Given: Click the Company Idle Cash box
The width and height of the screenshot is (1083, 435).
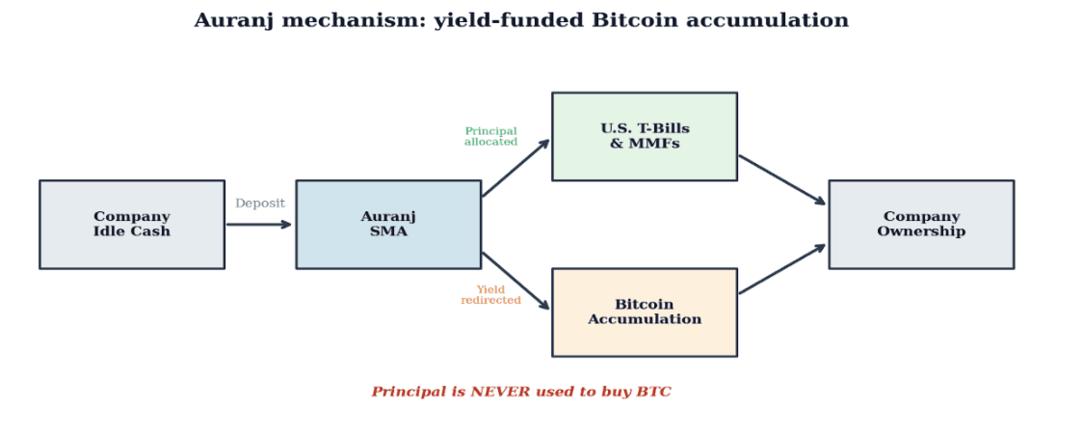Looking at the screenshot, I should pos(132,224).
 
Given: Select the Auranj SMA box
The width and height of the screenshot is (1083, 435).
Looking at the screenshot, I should pos(388,224).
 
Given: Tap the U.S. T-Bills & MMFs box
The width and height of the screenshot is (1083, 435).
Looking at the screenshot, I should pos(645,136).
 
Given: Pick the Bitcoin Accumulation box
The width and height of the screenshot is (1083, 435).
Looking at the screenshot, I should pos(645,312).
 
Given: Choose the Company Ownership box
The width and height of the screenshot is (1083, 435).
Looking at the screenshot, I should pos(921,224).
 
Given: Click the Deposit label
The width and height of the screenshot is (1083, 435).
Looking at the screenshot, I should pos(260,204).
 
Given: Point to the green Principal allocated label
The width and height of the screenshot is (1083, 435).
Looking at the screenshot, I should pos(490,137).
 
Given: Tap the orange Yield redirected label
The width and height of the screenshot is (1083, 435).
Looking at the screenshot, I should pos(490,295).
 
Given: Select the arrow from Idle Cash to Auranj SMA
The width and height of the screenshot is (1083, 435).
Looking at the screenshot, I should pos(258,225).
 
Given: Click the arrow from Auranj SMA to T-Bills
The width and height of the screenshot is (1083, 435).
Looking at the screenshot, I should pos(515,169).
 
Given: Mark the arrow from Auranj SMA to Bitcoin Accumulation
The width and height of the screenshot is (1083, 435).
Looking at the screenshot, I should pos(515,281).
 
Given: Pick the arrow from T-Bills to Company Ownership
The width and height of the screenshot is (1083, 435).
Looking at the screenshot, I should pos(782,179).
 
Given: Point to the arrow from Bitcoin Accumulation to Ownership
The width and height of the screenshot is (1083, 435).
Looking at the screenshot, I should pos(782,269).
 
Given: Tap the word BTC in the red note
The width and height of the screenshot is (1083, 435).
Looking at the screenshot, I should pos(653,392).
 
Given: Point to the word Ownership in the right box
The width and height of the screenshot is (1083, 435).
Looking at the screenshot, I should pos(921,231).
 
